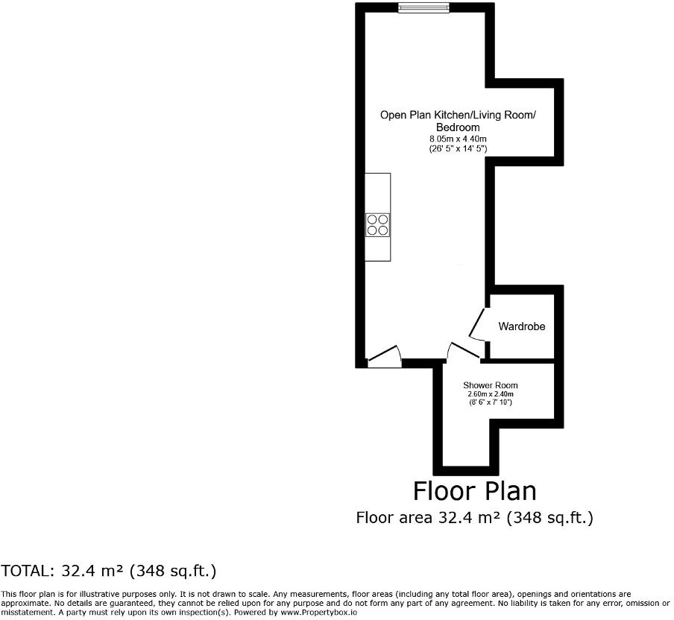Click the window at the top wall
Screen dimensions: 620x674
pos(423,8)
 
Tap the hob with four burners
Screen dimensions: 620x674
pos(377,224)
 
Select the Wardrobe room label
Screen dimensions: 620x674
pos(522,326)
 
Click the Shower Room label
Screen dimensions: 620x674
pos(490,385)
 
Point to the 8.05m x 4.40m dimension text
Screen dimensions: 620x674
pos(458,139)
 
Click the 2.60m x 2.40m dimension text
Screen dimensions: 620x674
pos(490,394)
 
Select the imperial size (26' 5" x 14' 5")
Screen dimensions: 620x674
pos(458,149)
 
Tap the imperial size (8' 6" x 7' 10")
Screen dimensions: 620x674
pos(490,402)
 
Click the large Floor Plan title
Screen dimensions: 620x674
pos(474,491)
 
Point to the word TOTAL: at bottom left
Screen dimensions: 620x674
pos(25,572)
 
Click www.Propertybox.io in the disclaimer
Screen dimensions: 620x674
pos(319,612)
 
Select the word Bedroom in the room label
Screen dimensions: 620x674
pos(458,128)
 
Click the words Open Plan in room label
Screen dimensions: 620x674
pos(403,115)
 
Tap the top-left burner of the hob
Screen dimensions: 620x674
pos(372,219)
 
